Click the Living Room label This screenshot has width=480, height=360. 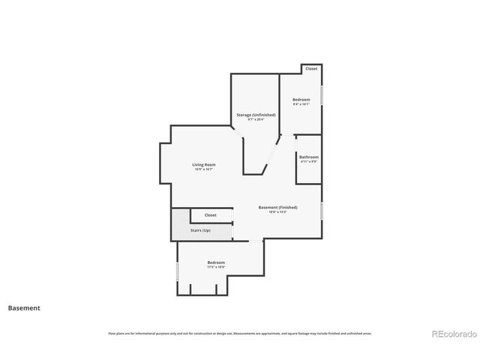(204, 164)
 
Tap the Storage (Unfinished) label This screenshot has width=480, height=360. (256, 115)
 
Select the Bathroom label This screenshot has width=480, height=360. (308, 157)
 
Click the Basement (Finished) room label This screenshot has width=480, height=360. (277, 207)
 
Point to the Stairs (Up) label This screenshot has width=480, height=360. (201, 230)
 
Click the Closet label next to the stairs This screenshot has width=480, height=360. (210, 215)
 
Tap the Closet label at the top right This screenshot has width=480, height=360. (310, 69)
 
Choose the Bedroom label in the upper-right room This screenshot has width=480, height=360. (301, 100)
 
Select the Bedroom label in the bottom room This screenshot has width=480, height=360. (216, 262)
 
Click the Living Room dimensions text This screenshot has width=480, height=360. (204, 169)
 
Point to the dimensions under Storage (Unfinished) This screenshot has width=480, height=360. (256, 119)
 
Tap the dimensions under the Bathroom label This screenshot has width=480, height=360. (308, 161)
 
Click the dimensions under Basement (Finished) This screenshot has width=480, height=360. (277, 212)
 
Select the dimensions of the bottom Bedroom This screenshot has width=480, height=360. (216, 267)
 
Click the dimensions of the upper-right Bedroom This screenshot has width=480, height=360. (301, 104)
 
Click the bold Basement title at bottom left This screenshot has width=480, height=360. (24, 307)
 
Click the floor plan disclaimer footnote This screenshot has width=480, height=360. (240, 333)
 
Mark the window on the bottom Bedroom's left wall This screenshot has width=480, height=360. (177, 270)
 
